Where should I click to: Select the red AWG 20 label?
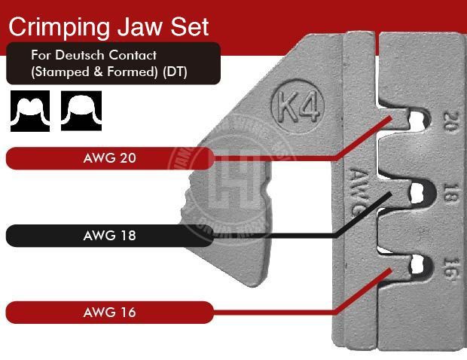click(110, 158)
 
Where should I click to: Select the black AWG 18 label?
click(110, 235)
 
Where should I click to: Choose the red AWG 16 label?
click(110, 312)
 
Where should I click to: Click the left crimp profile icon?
click(29, 111)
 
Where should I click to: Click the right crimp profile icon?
click(81, 111)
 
